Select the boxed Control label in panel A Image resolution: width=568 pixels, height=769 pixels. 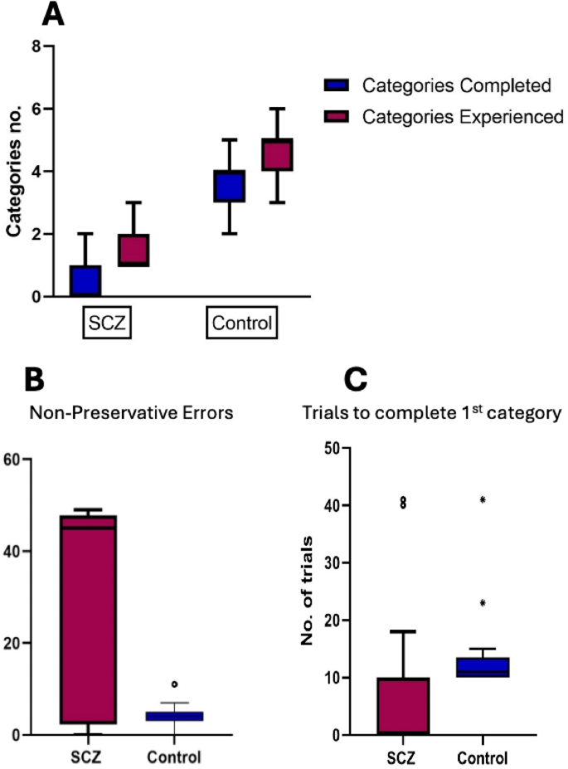[x=240, y=322]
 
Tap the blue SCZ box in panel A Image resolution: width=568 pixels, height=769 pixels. [x=85, y=281]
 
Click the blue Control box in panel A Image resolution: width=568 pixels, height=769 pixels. [x=229, y=186]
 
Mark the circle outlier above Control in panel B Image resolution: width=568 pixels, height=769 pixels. [x=174, y=684]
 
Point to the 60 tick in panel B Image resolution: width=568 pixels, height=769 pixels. [x=15, y=459]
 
